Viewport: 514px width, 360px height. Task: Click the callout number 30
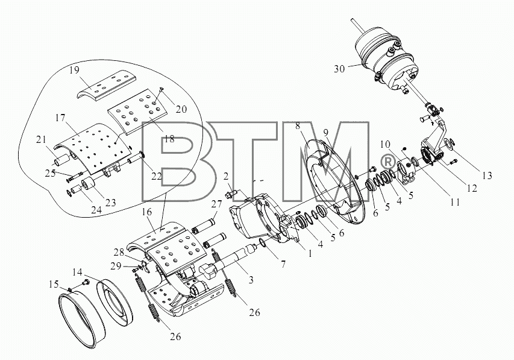[340, 69]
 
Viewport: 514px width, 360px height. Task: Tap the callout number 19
[74, 70]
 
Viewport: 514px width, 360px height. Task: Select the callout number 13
[487, 175]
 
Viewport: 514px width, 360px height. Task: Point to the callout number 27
[217, 204]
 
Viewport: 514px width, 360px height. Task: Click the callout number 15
[54, 283]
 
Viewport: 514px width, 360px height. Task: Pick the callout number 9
[325, 132]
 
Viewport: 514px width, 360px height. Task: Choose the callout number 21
[42, 139]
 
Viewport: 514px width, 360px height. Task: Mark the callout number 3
[251, 280]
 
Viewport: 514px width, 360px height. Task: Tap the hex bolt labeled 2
[231, 194]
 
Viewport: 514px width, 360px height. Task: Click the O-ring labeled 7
[263, 242]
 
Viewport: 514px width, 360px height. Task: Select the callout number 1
[310, 253]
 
